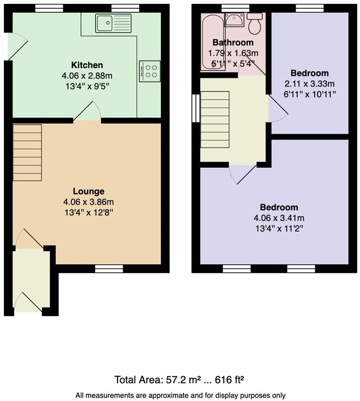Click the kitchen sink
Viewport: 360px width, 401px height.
114,23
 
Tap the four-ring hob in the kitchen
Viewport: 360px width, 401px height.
150,71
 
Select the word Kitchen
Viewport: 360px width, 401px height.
87,65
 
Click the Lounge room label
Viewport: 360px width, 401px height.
89,191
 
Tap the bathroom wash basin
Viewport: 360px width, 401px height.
233,20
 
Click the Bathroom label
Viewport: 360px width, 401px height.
233,43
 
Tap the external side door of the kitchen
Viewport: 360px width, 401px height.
14,46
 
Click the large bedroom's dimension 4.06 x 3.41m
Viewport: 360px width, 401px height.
279,218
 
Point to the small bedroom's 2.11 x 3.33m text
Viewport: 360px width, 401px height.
310,84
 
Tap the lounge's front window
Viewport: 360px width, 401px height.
109,268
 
